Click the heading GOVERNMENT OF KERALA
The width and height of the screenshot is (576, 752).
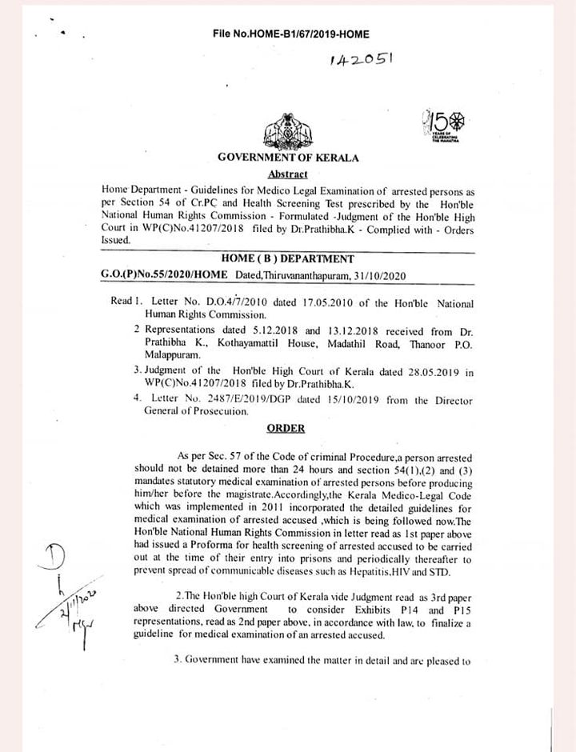pos(288,158)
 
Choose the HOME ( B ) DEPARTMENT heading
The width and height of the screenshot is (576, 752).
pos(289,259)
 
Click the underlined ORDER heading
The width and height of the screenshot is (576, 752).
pos(286,429)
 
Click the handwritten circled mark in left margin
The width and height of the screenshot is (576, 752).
pos(57,556)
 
